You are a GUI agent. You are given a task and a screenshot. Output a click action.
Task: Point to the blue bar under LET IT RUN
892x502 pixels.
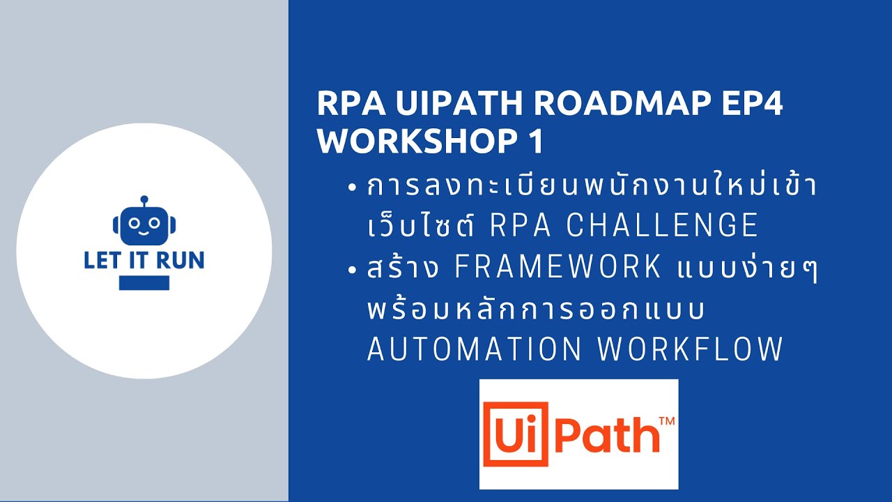click(144, 282)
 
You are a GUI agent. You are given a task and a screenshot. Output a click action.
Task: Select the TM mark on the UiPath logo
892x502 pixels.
click(666, 421)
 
